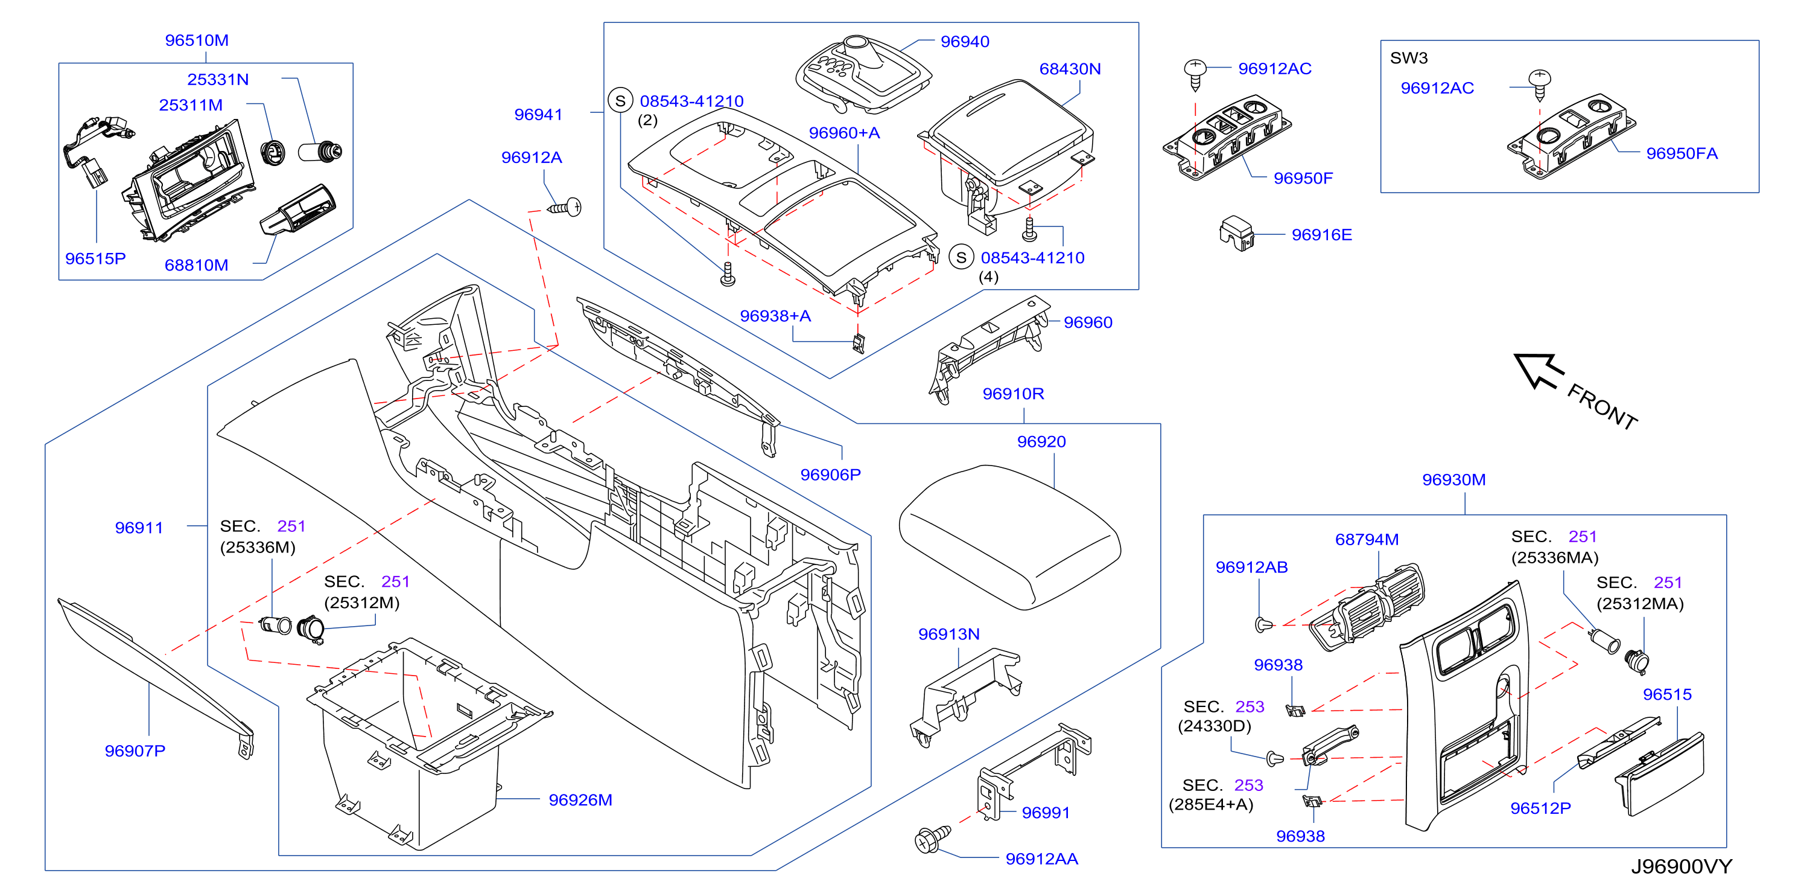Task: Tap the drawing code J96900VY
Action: pos(1681,866)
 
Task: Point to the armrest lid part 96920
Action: pos(1009,536)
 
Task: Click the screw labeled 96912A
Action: pos(565,207)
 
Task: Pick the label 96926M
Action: pos(580,799)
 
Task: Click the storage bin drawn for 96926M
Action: pos(428,743)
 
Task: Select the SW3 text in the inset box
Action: pos(1408,57)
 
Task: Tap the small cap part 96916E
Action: pos(1237,232)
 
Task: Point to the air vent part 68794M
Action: pos(1365,606)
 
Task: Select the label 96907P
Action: pos(135,750)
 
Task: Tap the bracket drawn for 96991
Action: pos(1034,770)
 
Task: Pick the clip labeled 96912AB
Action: pos(1263,624)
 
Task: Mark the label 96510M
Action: pos(196,40)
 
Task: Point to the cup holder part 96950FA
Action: pos(1571,136)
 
